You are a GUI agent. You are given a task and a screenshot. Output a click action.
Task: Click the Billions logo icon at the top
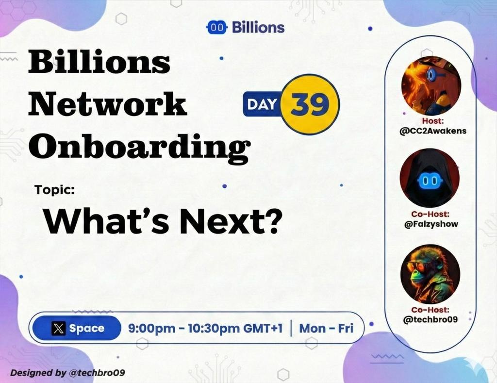tap(218, 28)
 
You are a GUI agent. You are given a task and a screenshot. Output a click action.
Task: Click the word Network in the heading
tap(107, 104)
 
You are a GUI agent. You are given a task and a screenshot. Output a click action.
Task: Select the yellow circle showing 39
tap(311, 104)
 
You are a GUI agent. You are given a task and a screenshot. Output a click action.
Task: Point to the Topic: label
tap(54, 190)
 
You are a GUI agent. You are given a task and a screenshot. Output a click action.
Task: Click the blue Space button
tap(78, 329)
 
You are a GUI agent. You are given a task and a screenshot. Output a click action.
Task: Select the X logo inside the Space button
tap(59, 329)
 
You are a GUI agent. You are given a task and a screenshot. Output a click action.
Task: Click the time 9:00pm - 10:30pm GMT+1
tap(205, 329)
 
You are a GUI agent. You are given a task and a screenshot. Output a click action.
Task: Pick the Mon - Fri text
tap(326, 329)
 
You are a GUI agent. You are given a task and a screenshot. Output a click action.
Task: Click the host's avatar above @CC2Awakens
tap(431, 85)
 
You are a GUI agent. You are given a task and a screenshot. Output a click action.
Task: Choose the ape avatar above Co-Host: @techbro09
tap(430, 274)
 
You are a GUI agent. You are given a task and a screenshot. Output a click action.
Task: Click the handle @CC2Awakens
tap(430, 131)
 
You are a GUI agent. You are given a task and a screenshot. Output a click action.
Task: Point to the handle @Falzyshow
tap(430, 224)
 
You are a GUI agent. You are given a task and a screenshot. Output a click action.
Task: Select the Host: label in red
tap(430, 121)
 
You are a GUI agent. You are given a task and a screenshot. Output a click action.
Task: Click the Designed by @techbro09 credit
tap(67, 373)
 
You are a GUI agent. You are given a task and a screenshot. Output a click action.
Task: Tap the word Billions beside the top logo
tap(258, 28)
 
